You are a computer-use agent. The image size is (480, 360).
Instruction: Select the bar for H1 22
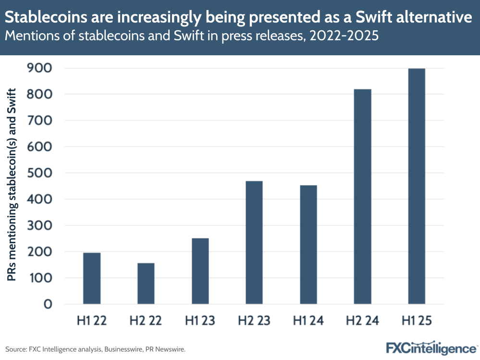coord(92,278)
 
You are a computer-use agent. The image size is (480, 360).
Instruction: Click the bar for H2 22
coord(146,284)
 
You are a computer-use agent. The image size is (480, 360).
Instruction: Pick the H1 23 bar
coord(200,271)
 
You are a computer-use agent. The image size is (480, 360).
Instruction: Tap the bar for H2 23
coord(254,242)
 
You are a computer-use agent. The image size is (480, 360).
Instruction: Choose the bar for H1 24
coord(308,245)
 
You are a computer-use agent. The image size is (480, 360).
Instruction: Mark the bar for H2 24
coord(362,197)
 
